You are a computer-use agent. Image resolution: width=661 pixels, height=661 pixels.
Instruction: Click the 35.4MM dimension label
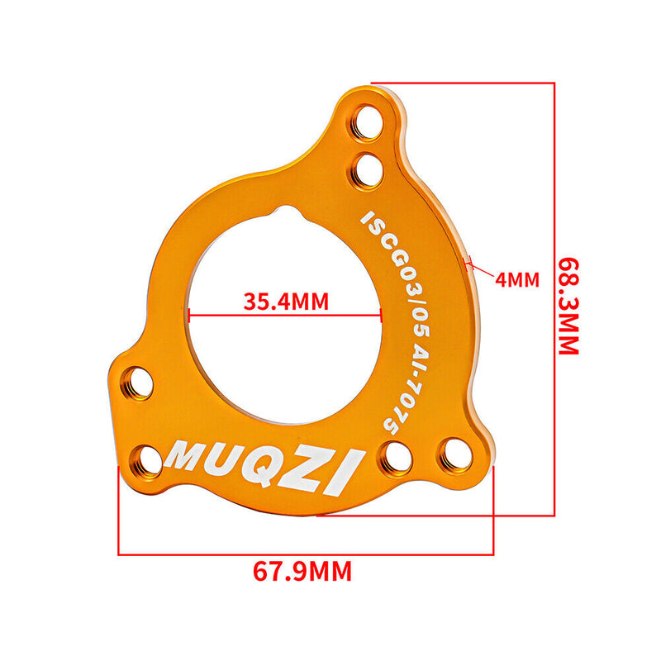(286, 301)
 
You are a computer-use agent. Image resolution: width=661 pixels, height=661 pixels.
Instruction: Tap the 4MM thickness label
(517, 279)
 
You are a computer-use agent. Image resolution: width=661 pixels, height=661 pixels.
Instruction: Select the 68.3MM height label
(568, 304)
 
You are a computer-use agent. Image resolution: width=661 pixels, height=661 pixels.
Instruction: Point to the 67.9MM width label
(302, 570)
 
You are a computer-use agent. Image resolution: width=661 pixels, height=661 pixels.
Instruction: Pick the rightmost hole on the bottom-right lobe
(452, 452)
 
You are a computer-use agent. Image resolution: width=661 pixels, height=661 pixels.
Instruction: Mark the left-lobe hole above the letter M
(138, 381)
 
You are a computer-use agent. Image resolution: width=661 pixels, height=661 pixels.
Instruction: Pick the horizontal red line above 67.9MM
(306, 553)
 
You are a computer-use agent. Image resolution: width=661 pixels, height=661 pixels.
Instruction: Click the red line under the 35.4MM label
(285, 314)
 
